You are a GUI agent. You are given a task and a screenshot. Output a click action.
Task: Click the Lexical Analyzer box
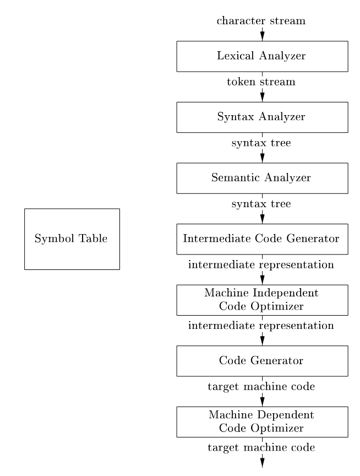click(x=262, y=56)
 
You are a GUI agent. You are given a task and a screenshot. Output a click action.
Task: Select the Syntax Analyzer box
click(x=262, y=117)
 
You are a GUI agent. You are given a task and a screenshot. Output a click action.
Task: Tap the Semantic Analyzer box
click(x=262, y=178)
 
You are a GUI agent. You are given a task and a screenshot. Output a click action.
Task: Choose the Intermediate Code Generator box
click(x=262, y=239)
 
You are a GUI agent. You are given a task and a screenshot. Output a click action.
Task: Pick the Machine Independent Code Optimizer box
click(x=262, y=300)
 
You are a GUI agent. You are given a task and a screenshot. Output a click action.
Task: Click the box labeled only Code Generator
click(x=262, y=361)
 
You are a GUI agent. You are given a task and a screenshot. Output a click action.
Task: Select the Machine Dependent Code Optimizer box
click(x=262, y=421)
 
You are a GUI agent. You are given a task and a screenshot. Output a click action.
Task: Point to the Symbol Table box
click(x=72, y=239)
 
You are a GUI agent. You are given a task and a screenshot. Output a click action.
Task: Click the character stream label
click(x=261, y=21)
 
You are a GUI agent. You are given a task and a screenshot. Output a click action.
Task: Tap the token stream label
click(x=261, y=82)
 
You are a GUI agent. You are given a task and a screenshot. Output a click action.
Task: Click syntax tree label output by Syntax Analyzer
click(x=261, y=143)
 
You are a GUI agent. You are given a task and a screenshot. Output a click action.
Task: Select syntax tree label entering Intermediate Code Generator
click(x=261, y=204)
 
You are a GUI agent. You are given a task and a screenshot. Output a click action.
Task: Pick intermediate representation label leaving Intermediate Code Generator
click(x=261, y=265)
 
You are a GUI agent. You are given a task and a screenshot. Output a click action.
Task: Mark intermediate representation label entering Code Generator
click(x=261, y=326)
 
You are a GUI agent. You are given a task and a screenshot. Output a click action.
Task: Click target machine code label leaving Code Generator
click(x=261, y=387)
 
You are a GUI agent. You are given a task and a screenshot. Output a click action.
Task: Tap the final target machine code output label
click(x=261, y=447)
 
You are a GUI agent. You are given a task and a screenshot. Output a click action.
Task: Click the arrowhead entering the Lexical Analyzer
click(x=262, y=36)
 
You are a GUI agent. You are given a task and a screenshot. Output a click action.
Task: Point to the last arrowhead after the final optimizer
click(x=262, y=463)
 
